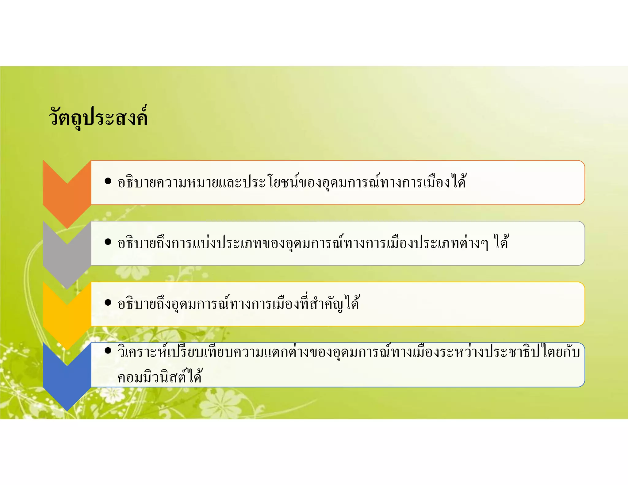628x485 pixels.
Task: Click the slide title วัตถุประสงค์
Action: tap(98, 117)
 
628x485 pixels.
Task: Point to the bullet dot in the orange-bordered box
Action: tap(108, 181)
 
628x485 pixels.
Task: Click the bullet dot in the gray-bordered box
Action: tap(108, 242)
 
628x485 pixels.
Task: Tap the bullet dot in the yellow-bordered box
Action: tap(108, 303)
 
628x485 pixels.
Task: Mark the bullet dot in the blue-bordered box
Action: tap(108, 350)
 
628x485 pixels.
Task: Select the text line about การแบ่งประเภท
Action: tap(313, 243)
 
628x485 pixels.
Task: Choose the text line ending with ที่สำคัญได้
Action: tap(238, 304)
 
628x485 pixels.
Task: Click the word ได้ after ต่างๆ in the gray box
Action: tap(501, 243)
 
